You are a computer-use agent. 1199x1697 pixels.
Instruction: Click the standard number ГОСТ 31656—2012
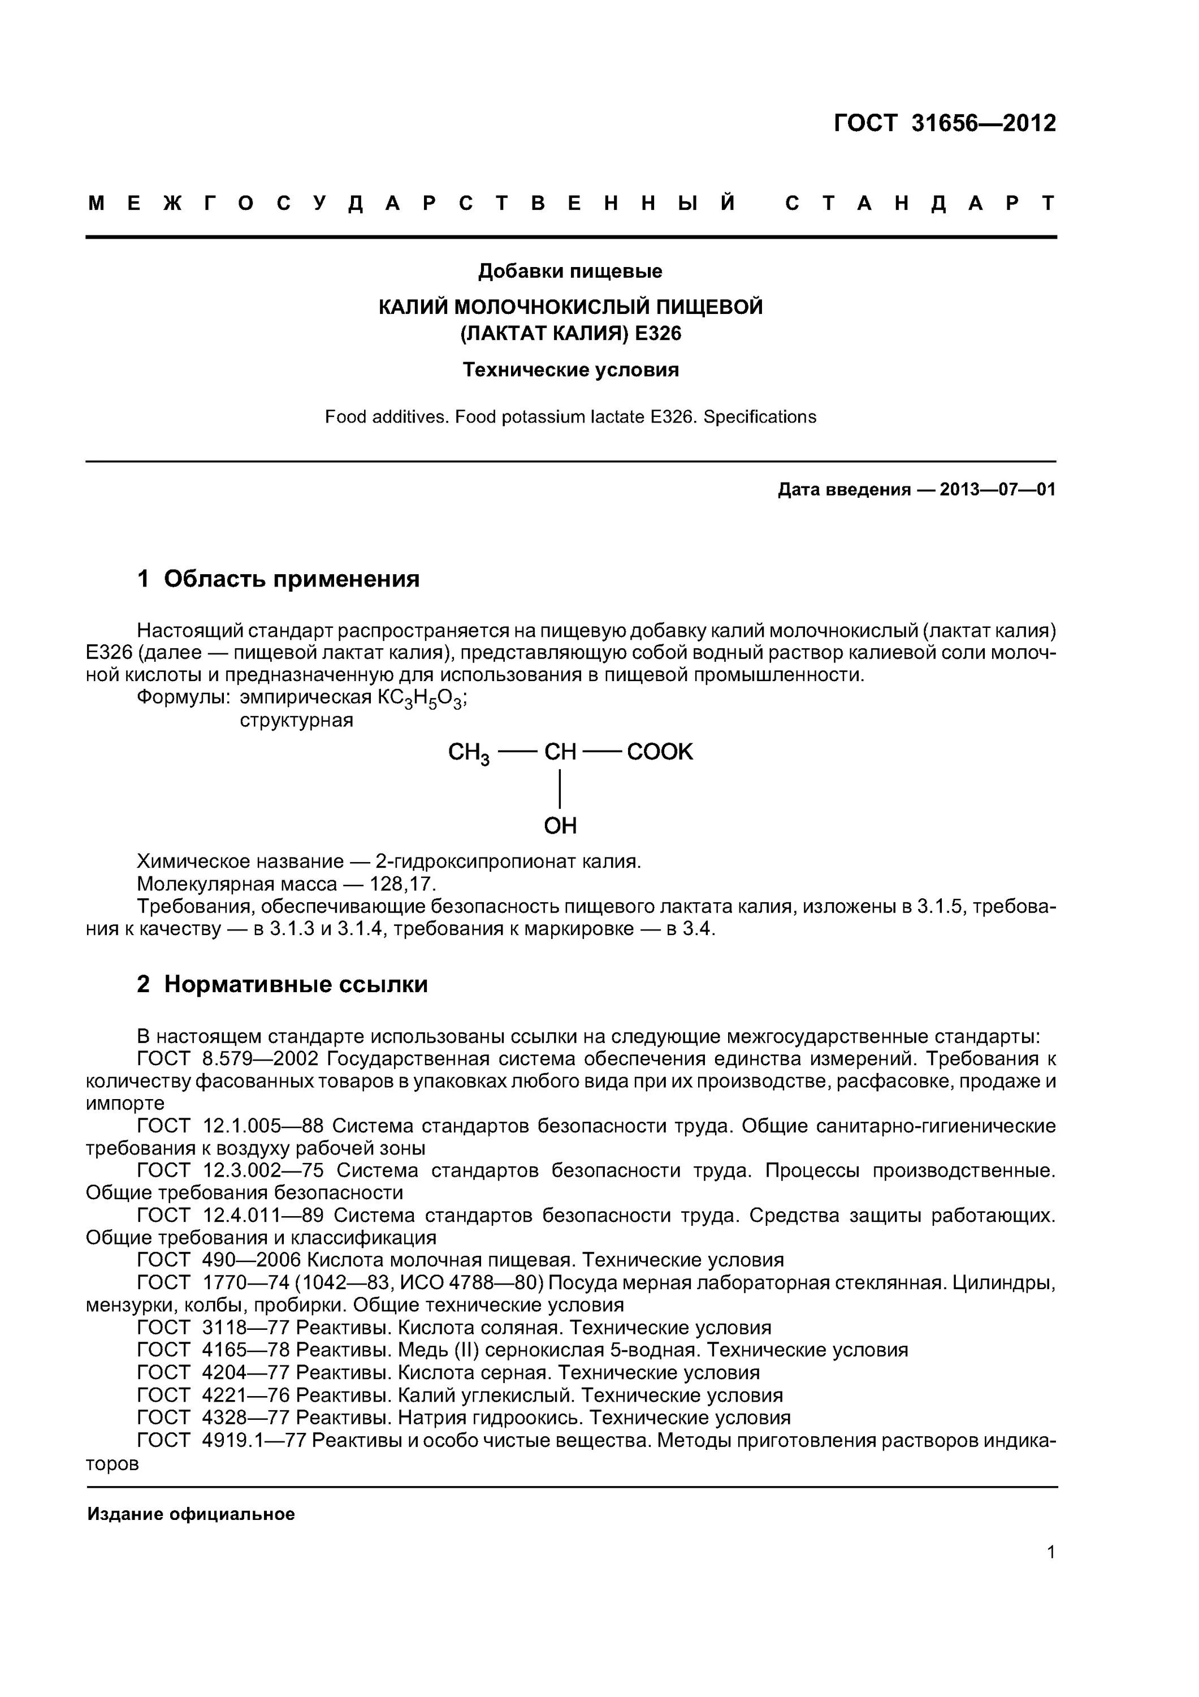coord(944,123)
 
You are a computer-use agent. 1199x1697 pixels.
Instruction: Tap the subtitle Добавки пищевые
coord(570,272)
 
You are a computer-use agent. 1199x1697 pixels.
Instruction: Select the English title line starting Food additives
coord(570,417)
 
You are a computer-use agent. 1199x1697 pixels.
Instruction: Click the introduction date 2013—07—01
coord(997,489)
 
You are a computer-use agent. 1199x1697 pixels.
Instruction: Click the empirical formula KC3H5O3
coord(421,699)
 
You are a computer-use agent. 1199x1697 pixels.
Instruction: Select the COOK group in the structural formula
coord(659,752)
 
